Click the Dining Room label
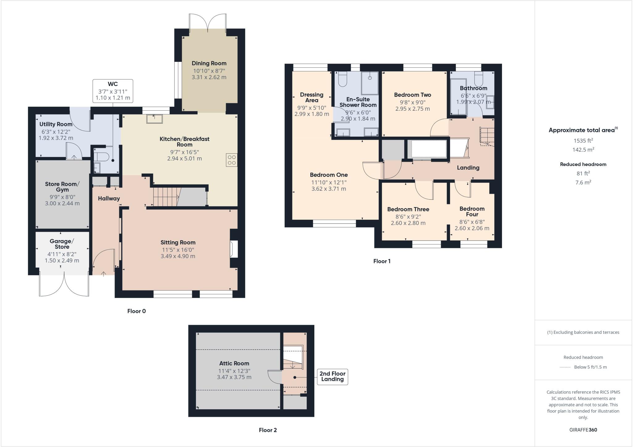click(209, 63)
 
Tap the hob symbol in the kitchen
click(232, 160)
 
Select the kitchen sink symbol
click(154, 119)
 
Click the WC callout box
click(113, 91)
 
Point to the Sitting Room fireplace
click(234, 249)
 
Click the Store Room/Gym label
click(62, 187)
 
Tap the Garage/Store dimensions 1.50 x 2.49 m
click(62, 261)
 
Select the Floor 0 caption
click(136, 311)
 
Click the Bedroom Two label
click(412, 95)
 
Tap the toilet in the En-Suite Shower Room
click(342, 79)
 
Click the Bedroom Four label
click(472, 211)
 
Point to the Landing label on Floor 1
click(468, 168)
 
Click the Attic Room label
click(234, 364)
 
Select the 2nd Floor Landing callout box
click(332, 377)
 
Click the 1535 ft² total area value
click(583, 141)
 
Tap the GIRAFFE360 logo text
click(583, 430)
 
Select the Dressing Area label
click(312, 97)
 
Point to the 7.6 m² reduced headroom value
click(583, 182)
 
